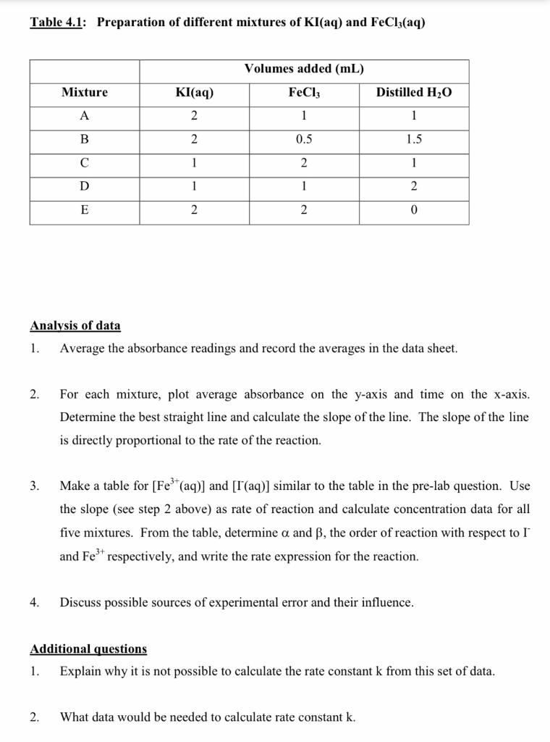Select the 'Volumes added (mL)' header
coord(304,70)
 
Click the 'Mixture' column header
coord(85,93)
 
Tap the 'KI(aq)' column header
coord(194,93)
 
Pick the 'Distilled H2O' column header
coord(413,93)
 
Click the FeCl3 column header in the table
coord(304,93)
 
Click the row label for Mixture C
coord(85,163)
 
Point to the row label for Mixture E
coord(85,210)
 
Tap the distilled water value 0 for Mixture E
coord(413,210)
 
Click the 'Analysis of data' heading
coord(75,326)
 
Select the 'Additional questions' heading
coord(88,649)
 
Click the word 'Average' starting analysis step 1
coord(82,349)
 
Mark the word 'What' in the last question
coord(75,717)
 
